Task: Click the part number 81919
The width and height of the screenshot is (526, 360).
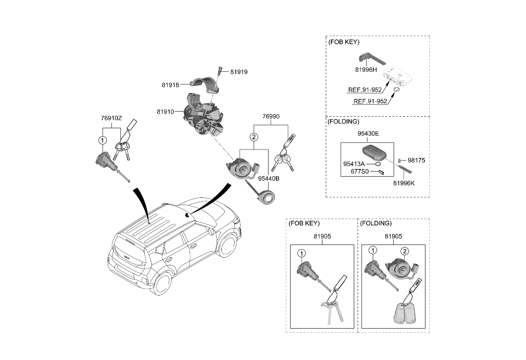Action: pos(239,72)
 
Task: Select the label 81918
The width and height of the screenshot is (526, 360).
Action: pos(171,85)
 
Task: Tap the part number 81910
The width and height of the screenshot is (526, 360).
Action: pos(165,112)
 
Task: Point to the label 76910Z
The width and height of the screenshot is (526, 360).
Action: pos(111,118)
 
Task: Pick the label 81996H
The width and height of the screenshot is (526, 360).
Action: pos(366,69)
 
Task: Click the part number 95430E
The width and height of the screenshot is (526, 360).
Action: pos(367,133)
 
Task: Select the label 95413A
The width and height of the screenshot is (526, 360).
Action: pos(354,163)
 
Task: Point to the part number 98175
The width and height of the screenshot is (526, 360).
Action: pos(416,160)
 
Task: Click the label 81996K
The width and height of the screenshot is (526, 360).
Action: pos(404,183)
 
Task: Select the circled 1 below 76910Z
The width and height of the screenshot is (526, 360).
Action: pos(102,140)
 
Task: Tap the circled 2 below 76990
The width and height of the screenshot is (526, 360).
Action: pos(254,137)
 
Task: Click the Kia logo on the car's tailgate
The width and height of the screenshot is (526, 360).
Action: pos(126,256)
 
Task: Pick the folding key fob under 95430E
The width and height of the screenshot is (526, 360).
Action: pos(372,151)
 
